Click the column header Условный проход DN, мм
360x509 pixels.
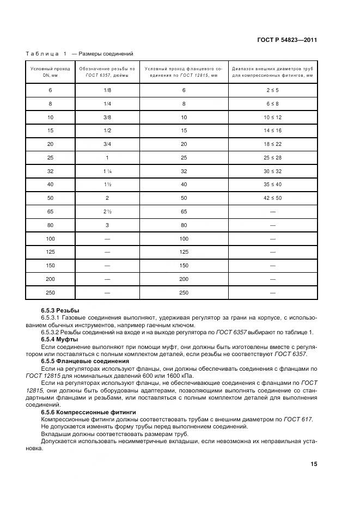[50, 72]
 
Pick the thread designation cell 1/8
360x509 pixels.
[107, 90]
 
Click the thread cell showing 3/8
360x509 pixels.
[107, 117]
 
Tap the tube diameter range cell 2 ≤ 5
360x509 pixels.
[272, 90]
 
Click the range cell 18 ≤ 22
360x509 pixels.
[272, 144]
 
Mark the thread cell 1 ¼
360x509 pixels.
[107, 170]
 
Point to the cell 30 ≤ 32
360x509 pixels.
[272, 170]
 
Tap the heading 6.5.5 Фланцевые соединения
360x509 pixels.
[85, 361]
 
